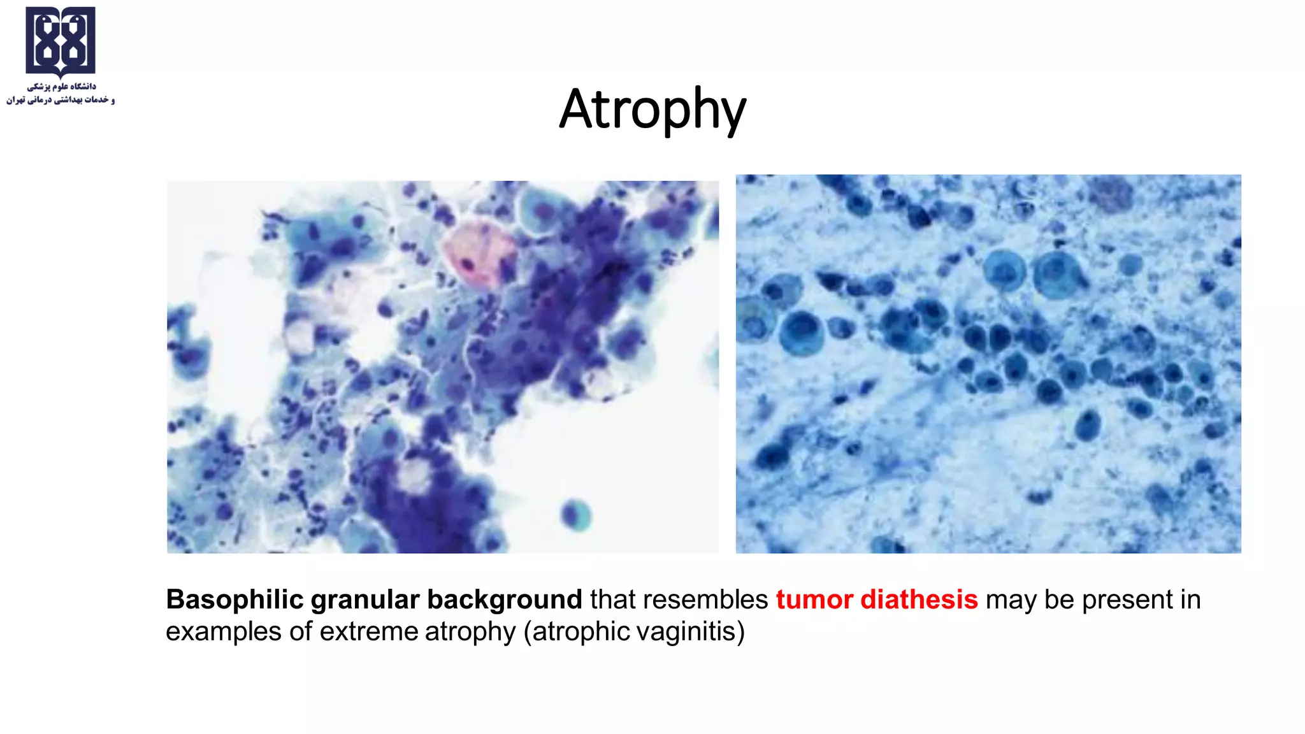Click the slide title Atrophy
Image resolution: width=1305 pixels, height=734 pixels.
[x=652, y=110]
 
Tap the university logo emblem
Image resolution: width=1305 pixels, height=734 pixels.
[x=61, y=41]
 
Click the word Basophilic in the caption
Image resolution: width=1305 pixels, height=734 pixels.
[x=234, y=600]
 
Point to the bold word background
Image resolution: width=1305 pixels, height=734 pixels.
[x=504, y=600]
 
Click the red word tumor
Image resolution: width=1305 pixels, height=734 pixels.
[x=814, y=600]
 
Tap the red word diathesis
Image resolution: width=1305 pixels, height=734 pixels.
[x=919, y=600]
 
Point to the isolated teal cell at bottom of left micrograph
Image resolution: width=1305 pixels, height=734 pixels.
[x=576, y=514]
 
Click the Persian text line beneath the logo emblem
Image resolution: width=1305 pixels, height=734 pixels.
[x=61, y=93]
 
